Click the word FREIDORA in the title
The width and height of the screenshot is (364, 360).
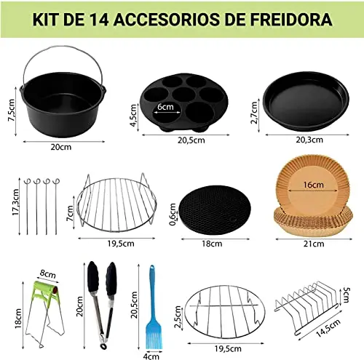291,20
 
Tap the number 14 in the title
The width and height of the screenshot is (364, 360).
98,20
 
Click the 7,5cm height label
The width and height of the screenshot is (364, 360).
12,111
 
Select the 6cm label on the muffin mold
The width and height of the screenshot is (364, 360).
165,106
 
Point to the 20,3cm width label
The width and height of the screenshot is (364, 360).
309,140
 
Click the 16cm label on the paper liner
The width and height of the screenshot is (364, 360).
313,185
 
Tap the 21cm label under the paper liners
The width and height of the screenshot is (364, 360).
314,244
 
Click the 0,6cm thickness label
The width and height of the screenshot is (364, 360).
173,215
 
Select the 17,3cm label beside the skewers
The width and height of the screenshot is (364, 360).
15,202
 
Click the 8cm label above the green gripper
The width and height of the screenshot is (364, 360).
48,274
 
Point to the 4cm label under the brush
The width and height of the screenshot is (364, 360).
151,356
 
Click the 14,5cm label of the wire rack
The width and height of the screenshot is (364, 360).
328,328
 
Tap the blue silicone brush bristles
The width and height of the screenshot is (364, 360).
154,336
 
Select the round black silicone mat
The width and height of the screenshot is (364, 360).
215,210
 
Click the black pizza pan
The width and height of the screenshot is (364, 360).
306,101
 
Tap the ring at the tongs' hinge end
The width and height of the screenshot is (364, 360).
104,346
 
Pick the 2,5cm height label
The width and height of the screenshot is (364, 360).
178,317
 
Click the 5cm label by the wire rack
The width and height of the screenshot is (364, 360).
347,295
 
